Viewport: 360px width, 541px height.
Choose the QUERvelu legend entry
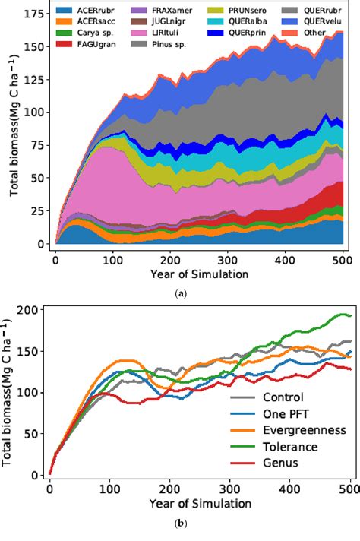click(x=320, y=21)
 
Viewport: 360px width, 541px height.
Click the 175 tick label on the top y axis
click(x=33, y=14)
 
